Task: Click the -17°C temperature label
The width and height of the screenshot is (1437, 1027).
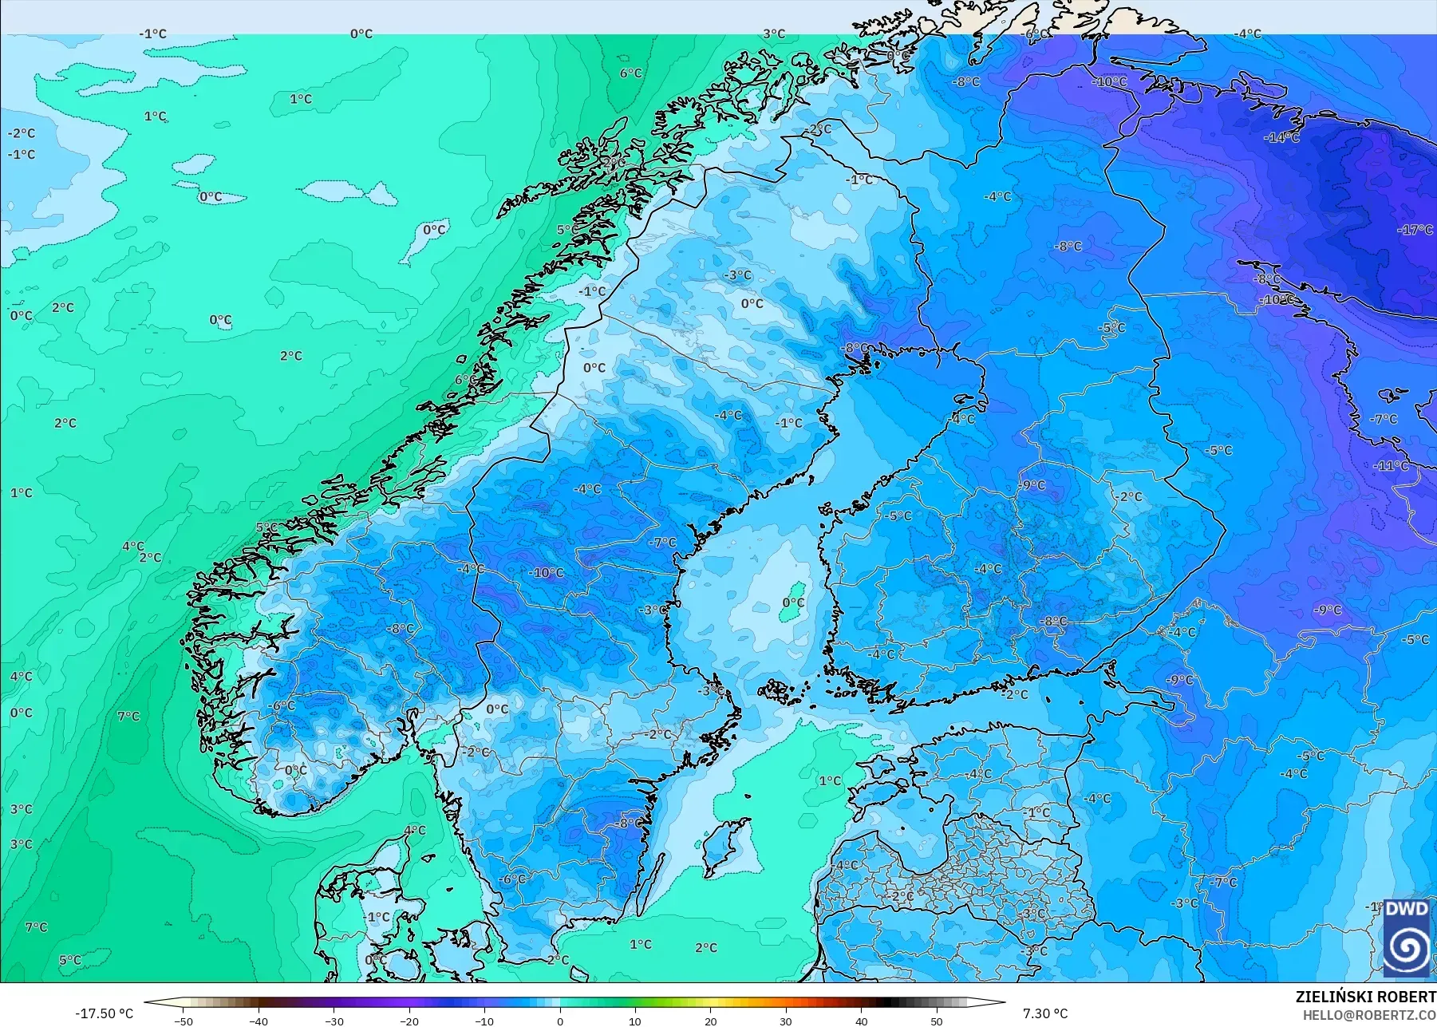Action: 1415,230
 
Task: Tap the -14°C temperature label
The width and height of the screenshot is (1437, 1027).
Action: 1281,137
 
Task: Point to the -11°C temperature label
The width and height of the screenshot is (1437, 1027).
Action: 1392,465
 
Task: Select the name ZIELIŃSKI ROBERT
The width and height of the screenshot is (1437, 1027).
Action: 1365,997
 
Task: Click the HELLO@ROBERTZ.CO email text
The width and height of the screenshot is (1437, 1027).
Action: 1369,1015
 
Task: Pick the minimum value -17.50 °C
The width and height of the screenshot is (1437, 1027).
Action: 104,1013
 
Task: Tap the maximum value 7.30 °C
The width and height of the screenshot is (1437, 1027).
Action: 1044,1013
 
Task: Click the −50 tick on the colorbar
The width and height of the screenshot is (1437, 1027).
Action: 184,1021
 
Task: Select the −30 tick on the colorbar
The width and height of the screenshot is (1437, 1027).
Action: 334,1021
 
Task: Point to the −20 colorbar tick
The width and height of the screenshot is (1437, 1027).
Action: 409,1021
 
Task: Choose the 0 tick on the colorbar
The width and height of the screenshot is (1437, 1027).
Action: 560,1021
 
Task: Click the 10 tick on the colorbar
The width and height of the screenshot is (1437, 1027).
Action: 635,1021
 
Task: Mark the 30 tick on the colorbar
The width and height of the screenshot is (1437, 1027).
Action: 786,1021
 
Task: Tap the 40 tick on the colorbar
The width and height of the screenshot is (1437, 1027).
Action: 861,1021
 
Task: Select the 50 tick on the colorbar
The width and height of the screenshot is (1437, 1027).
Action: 936,1021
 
